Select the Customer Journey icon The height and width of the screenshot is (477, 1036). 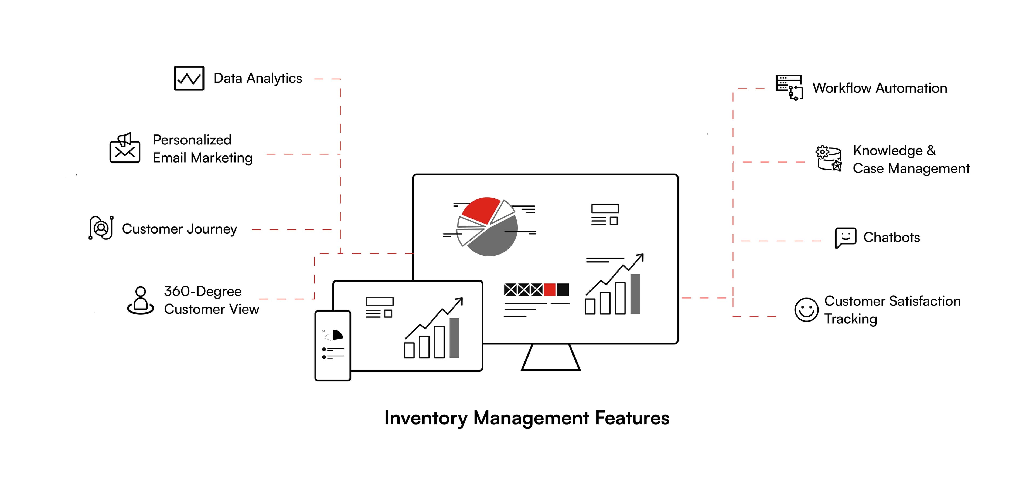click(x=101, y=228)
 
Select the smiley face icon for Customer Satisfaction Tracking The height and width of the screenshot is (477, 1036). click(x=806, y=310)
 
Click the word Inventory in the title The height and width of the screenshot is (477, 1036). click(x=425, y=418)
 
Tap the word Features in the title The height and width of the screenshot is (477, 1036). click(x=632, y=418)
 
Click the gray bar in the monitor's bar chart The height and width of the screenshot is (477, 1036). click(x=635, y=294)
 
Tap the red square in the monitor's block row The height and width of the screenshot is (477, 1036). click(x=549, y=289)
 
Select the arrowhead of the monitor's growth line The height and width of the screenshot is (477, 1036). click(x=640, y=256)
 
